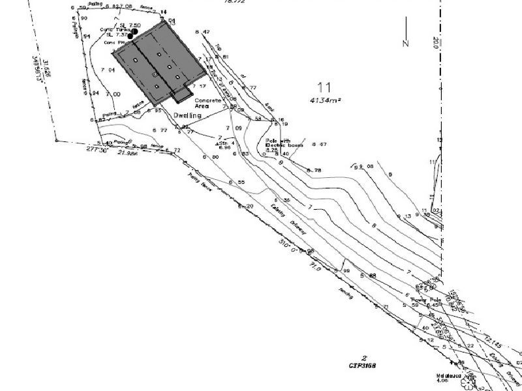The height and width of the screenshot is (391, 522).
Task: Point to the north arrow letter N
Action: click(405, 44)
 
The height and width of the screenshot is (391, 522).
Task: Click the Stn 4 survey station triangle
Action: click(218, 142)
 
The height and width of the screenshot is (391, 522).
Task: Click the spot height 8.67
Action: click(319, 144)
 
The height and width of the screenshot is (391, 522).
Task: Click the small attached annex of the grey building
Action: click(183, 95)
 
